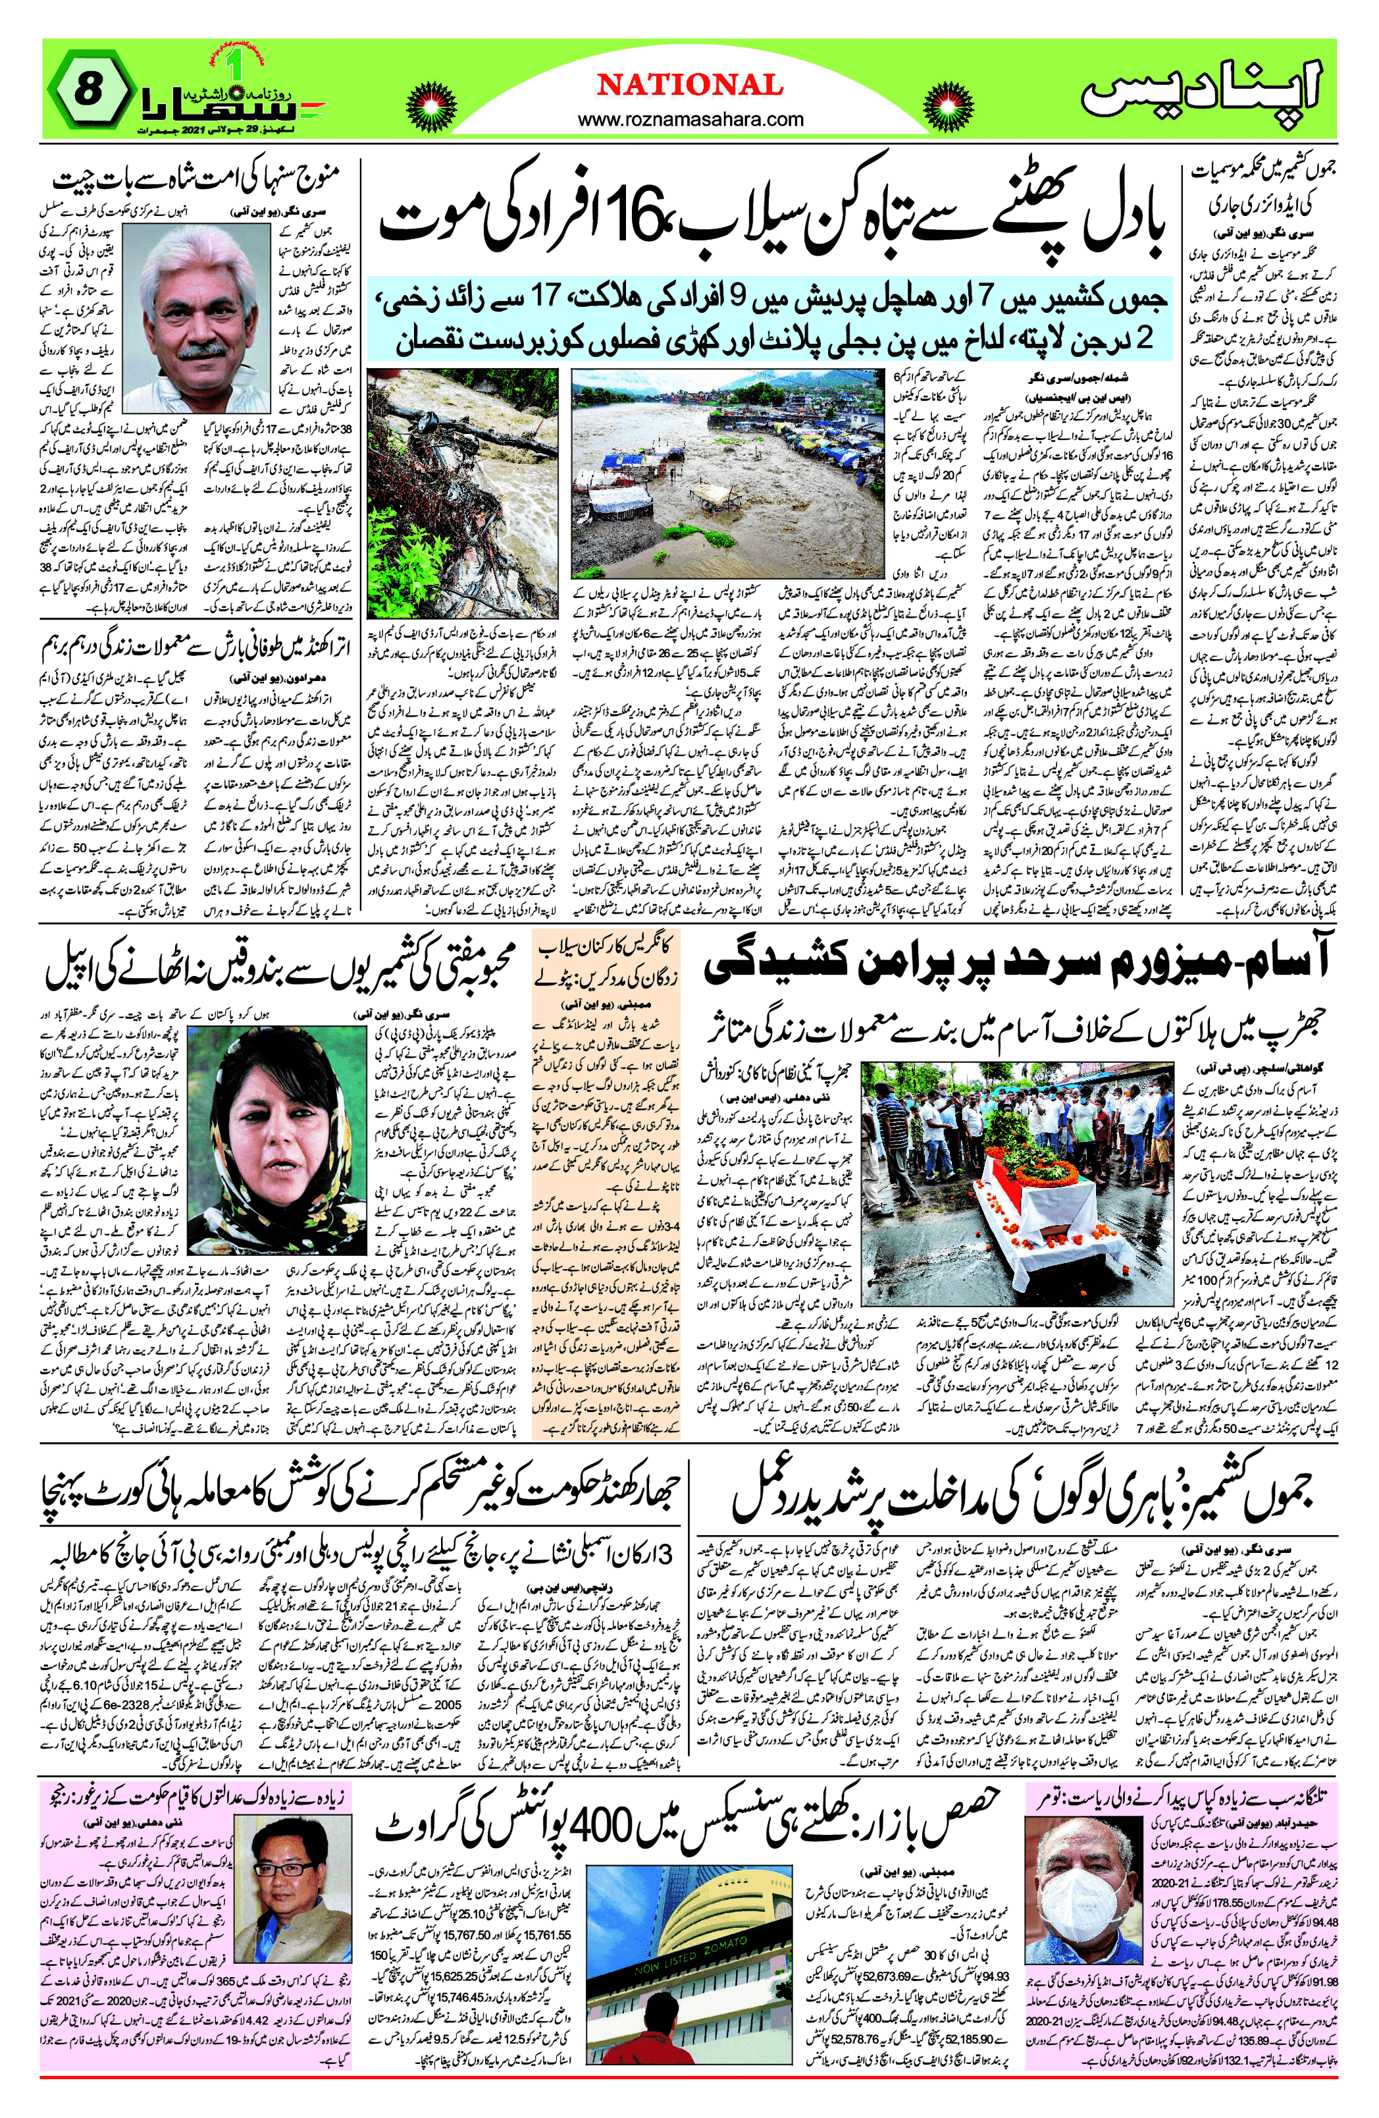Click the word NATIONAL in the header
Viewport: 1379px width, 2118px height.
[690, 86]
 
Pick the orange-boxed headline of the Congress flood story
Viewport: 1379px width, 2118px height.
[607, 965]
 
